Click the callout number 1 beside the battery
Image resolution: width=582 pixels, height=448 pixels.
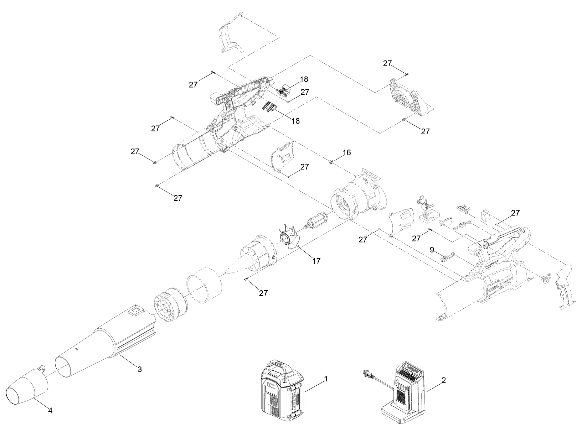click(326, 379)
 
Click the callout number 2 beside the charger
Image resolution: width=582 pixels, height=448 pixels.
click(443, 380)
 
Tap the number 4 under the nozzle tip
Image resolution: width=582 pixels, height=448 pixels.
click(50, 411)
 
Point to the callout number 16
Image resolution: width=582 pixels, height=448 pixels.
click(347, 152)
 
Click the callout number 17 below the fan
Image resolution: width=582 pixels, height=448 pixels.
click(316, 261)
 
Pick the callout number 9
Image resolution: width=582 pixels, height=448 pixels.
click(432, 250)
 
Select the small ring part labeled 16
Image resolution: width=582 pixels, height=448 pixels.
click(331, 162)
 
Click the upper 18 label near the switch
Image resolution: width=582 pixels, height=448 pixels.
click(304, 79)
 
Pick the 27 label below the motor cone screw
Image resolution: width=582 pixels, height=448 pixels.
click(263, 293)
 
